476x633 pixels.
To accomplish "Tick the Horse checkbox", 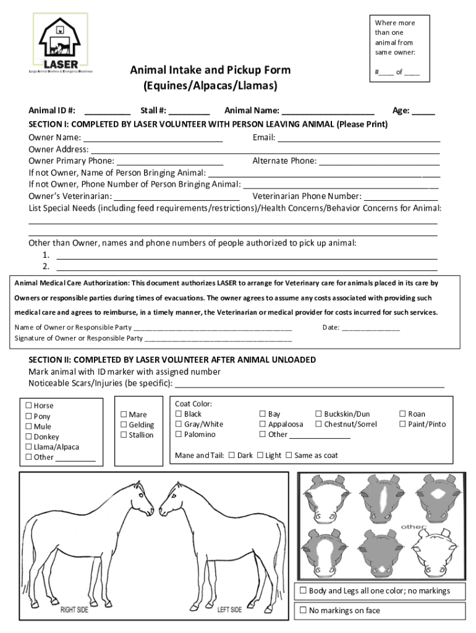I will pyautogui.click(x=28, y=406).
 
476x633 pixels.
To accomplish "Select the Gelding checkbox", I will pyautogui.click(x=124, y=425).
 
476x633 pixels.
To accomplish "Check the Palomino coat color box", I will pyautogui.click(x=179, y=435).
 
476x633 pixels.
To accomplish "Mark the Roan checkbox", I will pyautogui.click(x=403, y=414).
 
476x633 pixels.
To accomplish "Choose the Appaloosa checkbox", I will pyautogui.click(x=263, y=424).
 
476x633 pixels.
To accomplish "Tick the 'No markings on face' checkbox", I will pyautogui.click(x=303, y=610).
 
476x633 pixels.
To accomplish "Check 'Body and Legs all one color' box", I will pyautogui.click(x=303, y=590).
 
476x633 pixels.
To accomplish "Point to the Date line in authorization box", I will pyautogui.click(x=370, y=328).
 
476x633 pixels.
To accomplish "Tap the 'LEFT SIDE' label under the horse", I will pyautogui.click(x=229, y=610).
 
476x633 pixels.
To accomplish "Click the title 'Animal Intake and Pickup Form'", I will pyautogui.click(x=210, y=70).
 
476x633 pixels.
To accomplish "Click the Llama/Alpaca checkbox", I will pyautogui.click(x=28, y=447).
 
